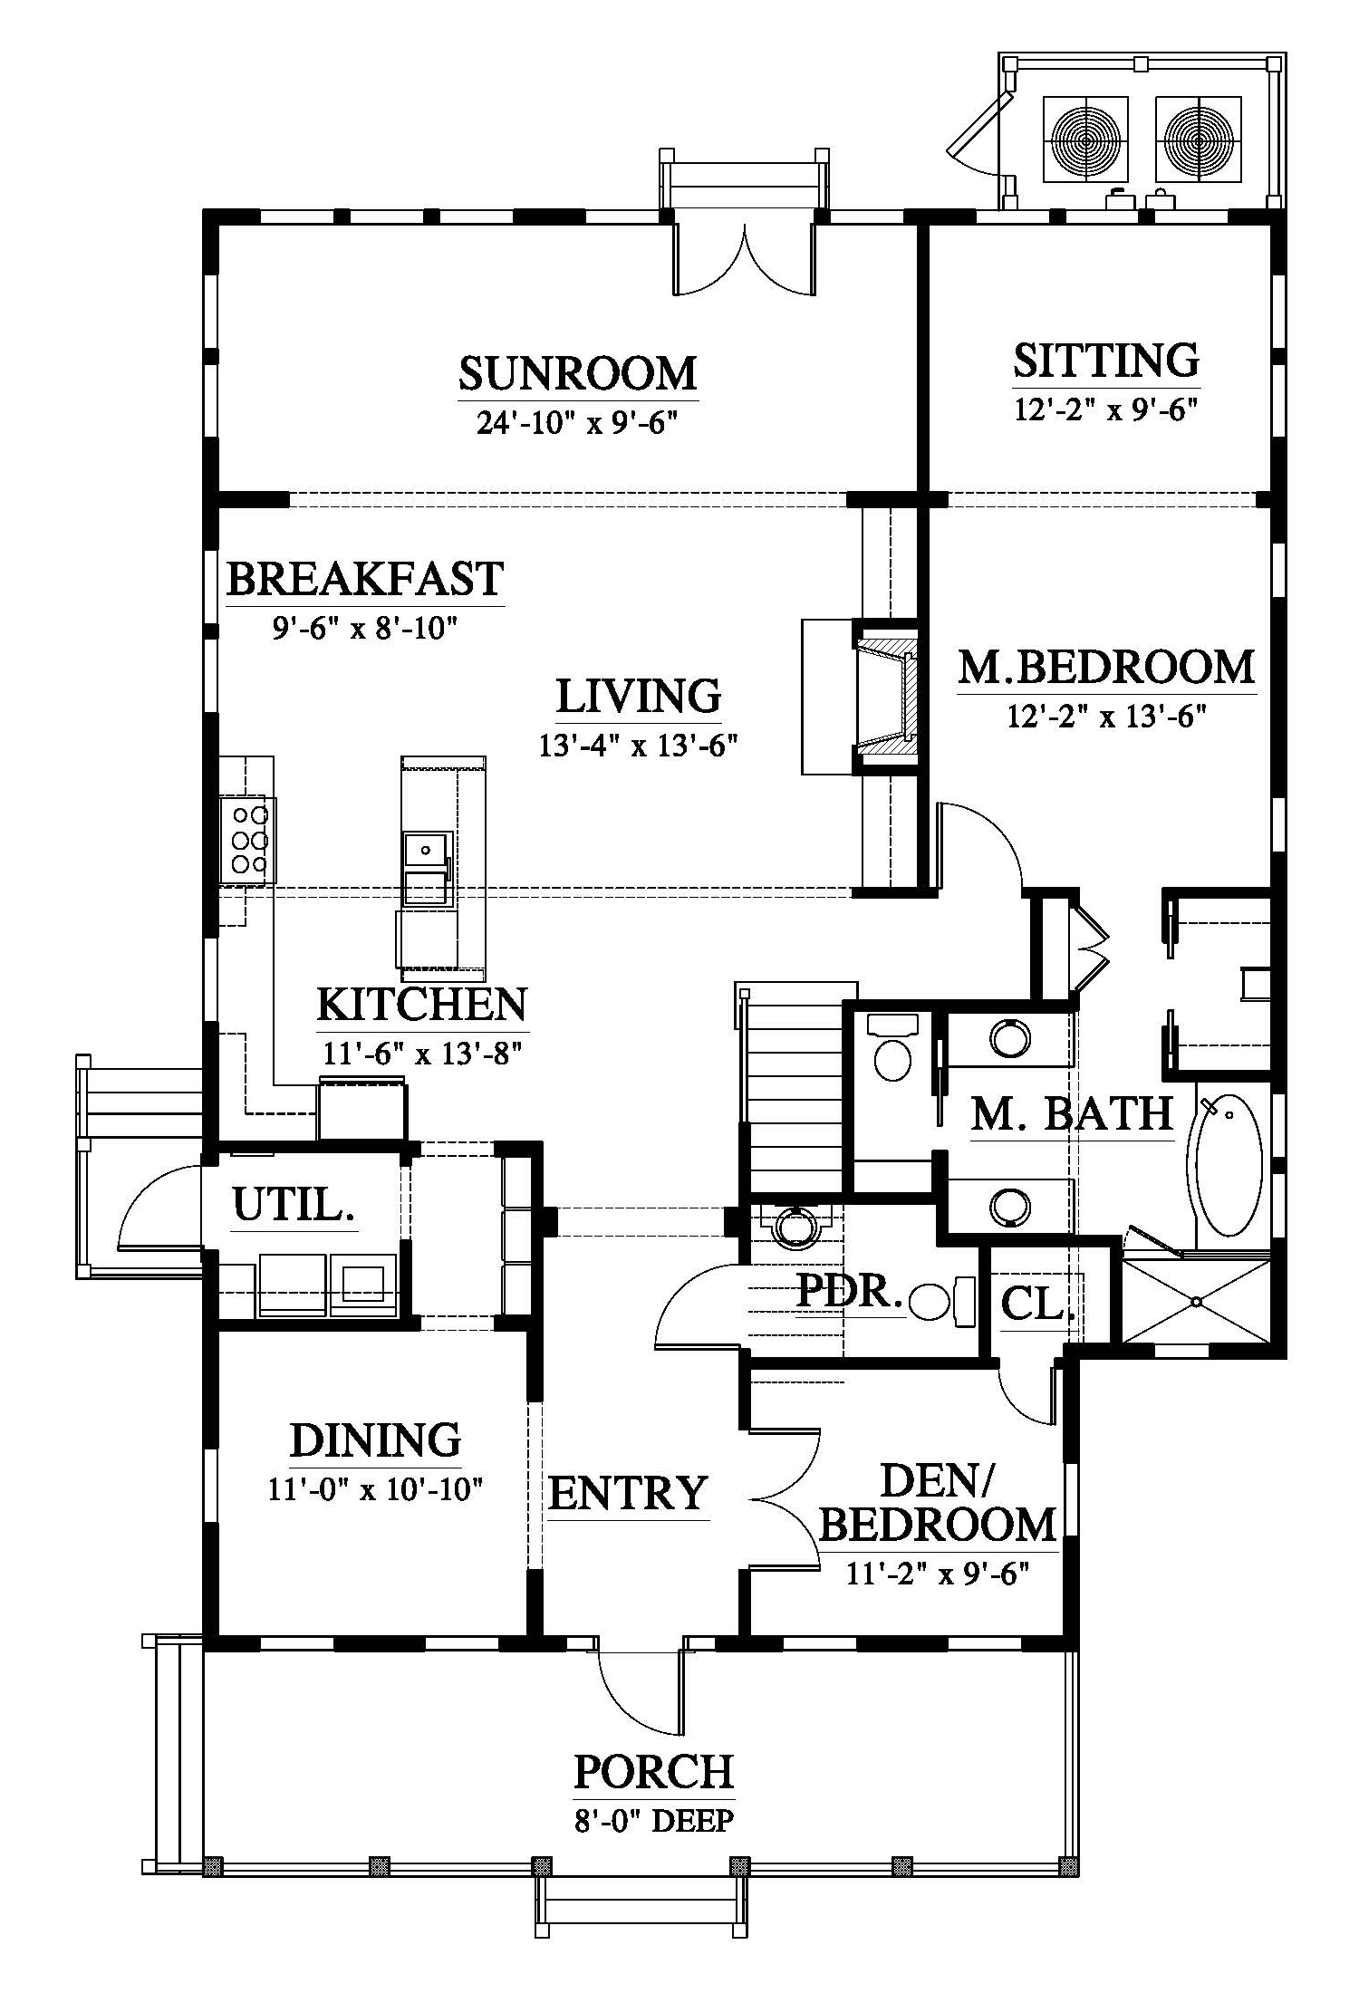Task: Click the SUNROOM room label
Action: [x=577, y=373]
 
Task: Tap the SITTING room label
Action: [x=1105, y=360]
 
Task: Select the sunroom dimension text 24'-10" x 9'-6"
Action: [x=577, y=422]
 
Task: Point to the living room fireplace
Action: [x=886, y=696]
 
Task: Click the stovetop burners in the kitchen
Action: [x=247, y=839]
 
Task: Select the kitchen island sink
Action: [x=425, y=850]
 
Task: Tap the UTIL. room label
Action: [x=294, y=1205]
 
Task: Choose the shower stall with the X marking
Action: [x=1196, y=1301]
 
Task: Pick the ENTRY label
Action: [x=627, y=1492]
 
